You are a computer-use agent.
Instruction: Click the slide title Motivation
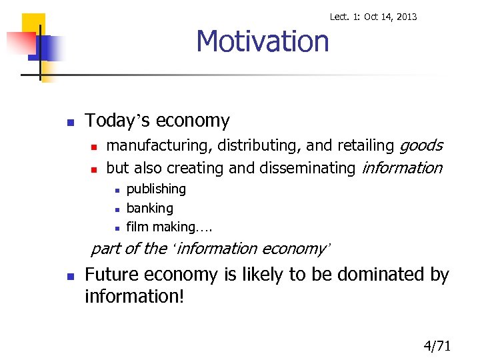262,41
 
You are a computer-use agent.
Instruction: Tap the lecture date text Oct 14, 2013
390,17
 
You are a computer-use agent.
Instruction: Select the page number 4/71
437,345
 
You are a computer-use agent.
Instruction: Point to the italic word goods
421,145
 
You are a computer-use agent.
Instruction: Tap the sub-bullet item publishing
156,189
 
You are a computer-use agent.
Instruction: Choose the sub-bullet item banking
149,208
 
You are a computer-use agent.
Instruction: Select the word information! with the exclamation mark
134,295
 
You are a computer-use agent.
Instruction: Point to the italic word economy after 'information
293,249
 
